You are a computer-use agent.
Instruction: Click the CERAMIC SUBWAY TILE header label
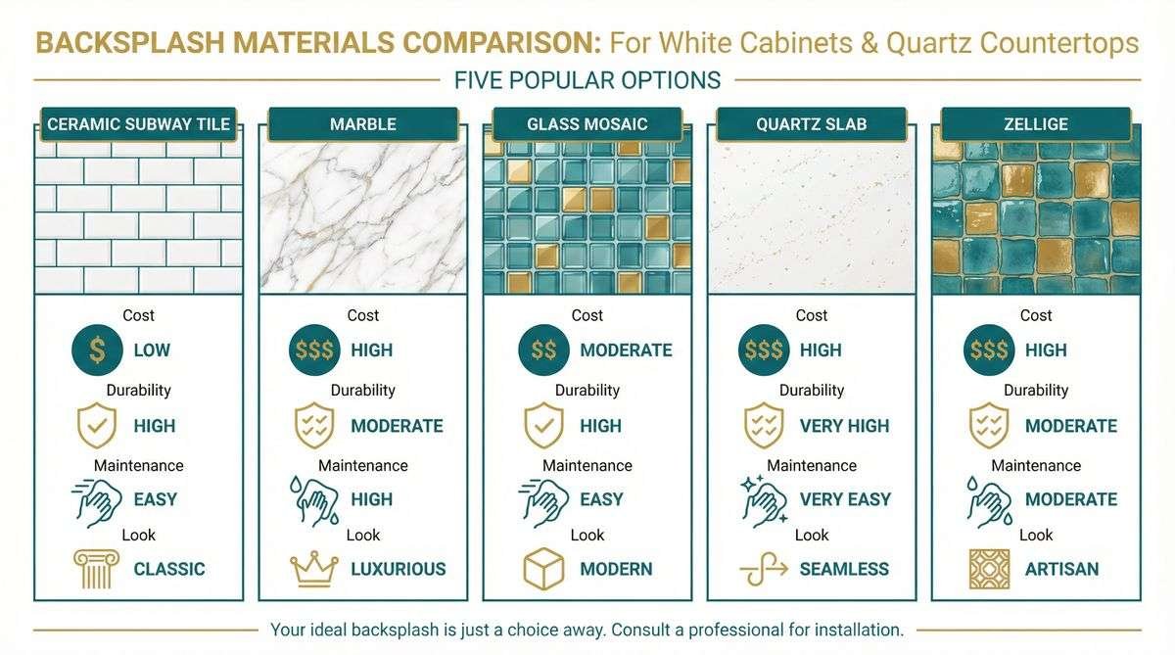[138, 124]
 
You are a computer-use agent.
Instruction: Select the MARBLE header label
[363, 124]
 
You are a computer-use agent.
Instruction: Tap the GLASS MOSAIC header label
[587, 124]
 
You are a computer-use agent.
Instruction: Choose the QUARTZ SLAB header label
[812, 124]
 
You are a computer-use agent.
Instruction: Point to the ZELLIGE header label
[1036, 124]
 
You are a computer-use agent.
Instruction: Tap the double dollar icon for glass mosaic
[543, 350]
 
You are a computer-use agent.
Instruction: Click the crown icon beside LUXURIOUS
[314, 568]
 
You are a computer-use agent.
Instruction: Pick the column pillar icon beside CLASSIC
[96, 568]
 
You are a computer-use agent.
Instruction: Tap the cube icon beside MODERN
[544, 568]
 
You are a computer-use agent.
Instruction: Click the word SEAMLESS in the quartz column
[844, 569]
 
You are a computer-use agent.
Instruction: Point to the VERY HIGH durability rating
[844, 426]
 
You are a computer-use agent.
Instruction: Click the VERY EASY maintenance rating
[843, 498]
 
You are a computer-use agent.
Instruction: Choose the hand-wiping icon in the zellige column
[990, 498]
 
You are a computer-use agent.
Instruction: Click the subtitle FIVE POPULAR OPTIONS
[587, 79]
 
